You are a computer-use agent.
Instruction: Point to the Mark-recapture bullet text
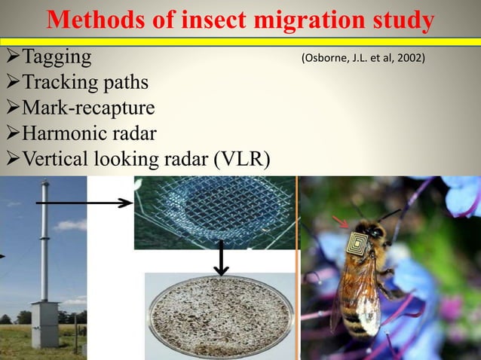[x=89, y=108]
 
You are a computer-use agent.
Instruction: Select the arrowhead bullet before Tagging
[x=11, y=56]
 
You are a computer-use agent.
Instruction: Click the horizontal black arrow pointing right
[x=83, y=203]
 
